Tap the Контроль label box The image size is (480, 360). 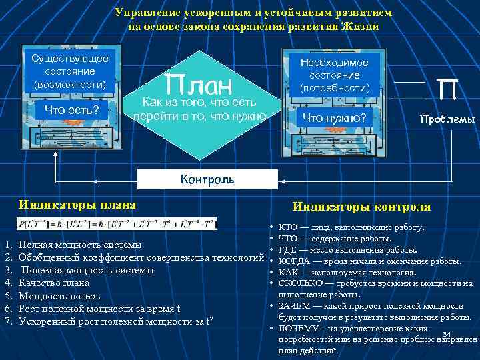pos(207,179)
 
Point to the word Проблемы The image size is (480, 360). pos(447,120)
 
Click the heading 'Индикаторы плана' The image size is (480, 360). pos(77,205)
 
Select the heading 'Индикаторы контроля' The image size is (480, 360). pos(362,207)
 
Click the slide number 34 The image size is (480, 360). pos(447,334)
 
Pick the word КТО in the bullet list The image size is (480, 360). pos(289,227)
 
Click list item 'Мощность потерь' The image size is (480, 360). pos(59,295)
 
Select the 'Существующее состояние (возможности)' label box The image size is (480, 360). pos(70,71)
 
